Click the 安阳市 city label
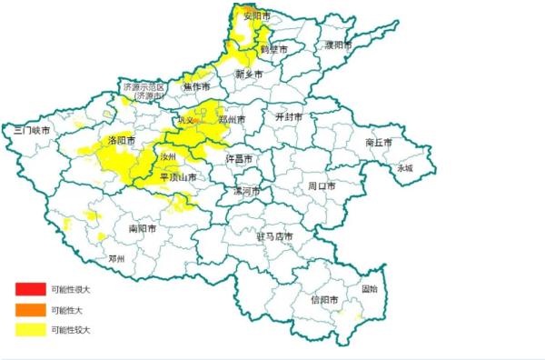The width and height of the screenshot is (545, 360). [257, 17]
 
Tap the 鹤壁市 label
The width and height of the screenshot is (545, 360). [273, 49]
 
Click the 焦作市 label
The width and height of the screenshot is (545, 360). [197, 86]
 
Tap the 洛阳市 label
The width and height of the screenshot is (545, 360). [121, 141]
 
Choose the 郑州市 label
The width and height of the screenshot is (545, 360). [233, 119]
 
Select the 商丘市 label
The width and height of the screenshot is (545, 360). [378, 143]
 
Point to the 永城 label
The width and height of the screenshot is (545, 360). [403, 168]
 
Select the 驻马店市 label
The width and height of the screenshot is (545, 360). [274, 236]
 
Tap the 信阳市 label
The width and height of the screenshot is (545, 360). [324, 299]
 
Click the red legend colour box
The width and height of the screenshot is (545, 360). [28, 289]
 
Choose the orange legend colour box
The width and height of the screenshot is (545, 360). [28, 309]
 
